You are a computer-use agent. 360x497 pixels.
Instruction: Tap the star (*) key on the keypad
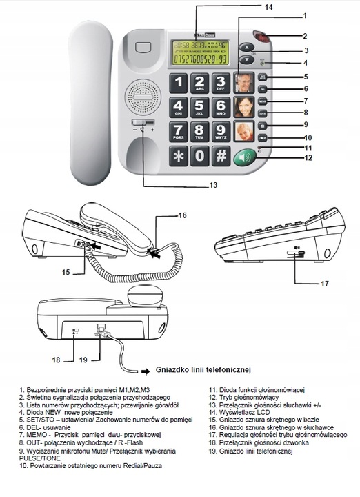(177, 155)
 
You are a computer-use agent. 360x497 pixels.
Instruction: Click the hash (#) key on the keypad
(221, 155)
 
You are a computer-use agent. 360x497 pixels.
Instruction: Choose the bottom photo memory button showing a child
(245, 131)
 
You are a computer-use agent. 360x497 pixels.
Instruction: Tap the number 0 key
(199, 155)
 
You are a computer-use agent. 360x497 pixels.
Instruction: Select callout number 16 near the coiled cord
(182, 215)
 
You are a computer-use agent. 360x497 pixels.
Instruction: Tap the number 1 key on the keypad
(177, 84)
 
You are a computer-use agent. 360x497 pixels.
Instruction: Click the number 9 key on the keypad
(221, 132)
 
